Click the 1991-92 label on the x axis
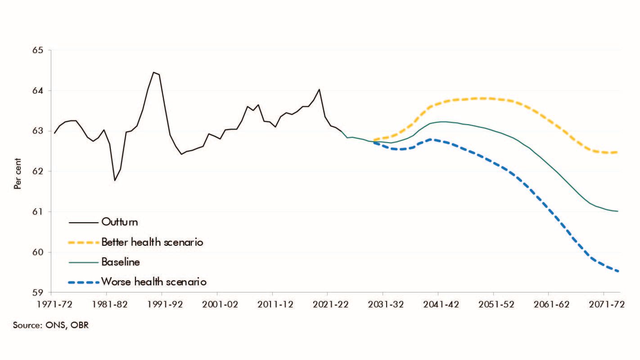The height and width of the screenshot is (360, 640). [163, 304]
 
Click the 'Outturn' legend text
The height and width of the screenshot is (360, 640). [120, 222]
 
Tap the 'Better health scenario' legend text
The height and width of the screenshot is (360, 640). [153, 242]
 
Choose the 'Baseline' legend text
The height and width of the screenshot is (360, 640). [121, 262]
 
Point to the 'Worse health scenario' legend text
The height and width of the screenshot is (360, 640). [154, 282]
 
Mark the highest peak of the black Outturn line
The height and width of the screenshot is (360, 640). [153, 72]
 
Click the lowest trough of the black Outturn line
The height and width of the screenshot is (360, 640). [115, 180]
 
